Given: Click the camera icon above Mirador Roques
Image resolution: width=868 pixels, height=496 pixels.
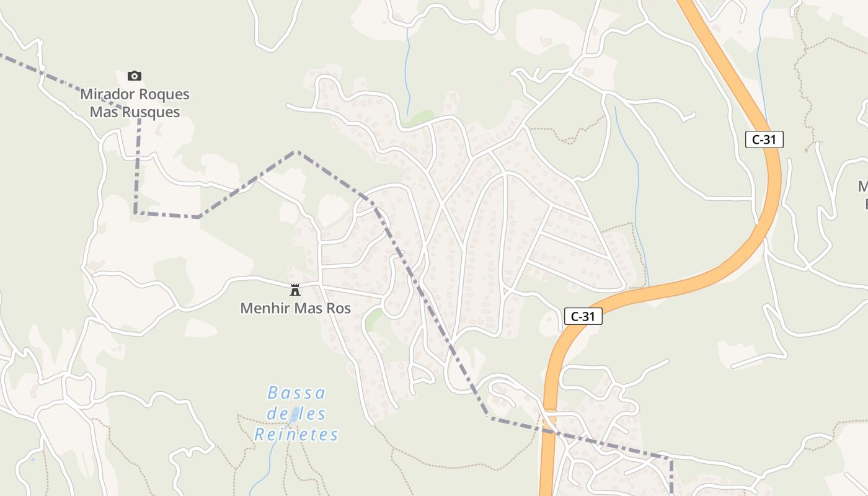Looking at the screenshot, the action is coord(135,76).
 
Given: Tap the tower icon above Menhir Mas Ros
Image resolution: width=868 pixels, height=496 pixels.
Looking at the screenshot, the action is coord(295,290).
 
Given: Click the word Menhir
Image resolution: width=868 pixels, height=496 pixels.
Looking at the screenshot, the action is coord(263,308).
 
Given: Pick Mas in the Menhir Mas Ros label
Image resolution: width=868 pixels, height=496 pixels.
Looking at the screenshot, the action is coord(305,308).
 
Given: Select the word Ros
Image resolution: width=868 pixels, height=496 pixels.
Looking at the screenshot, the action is coord(338,308).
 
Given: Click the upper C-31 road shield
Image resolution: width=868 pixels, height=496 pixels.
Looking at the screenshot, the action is coord(764,139).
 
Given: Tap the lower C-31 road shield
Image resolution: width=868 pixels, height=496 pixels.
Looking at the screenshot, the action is coord(583,316).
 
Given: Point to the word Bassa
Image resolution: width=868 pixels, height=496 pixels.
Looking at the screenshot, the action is coord(296,393).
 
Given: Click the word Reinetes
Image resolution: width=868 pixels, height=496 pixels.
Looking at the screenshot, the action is coord(296,435).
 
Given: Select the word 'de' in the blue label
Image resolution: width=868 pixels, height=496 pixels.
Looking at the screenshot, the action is coord(277,414).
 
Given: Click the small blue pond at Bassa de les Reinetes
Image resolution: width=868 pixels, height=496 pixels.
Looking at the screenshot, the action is coord(294,414).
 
